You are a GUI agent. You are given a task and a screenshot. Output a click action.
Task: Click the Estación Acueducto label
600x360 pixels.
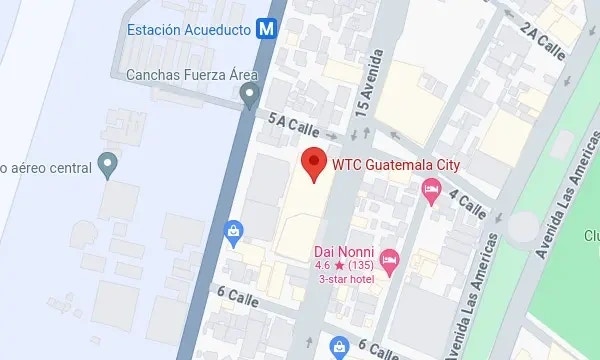(x=188, y=29)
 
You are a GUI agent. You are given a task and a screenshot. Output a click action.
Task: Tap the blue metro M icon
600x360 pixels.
(x=266, y=29)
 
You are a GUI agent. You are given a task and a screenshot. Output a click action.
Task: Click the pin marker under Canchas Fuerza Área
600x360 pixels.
(x=251, y=95)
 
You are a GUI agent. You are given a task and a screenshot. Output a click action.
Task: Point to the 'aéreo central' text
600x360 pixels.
(x=45, y=166)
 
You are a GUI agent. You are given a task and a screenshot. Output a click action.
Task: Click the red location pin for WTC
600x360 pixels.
(x=315, y=164)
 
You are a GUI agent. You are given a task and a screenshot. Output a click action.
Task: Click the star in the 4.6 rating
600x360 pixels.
(x=339, y=265)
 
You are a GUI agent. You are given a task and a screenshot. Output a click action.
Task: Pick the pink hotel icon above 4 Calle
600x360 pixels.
(x=432, y=189)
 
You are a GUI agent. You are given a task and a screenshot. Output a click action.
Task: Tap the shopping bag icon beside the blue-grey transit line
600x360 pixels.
(x=234, y=233)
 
